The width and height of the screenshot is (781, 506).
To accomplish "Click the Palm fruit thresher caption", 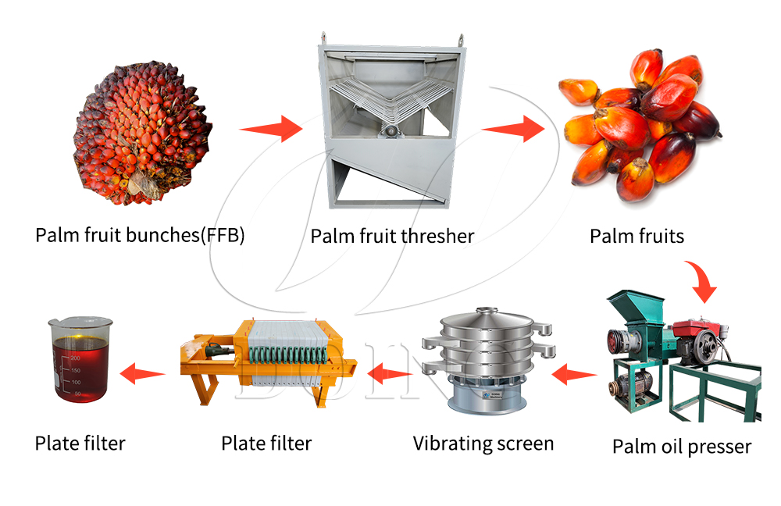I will coord(392,235).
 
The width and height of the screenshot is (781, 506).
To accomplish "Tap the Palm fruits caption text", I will coord(637,235).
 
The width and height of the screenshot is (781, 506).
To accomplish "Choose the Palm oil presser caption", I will coord(681,447).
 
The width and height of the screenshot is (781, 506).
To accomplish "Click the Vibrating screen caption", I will coord(483,444).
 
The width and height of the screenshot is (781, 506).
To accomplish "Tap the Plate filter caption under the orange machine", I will coord(266,444).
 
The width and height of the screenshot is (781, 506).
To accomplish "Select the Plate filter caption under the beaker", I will coord(80,444).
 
